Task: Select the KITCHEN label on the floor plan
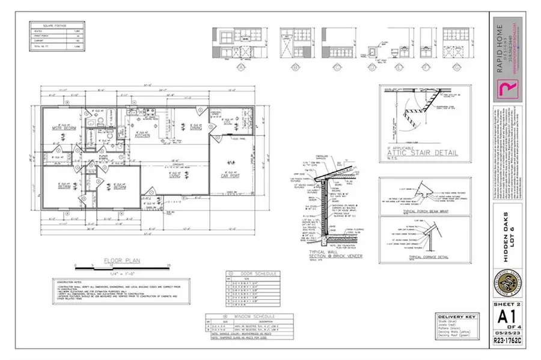(x=142, y=135)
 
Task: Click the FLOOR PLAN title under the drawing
(x=114, y=261)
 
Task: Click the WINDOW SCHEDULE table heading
(x=240, y=316)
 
